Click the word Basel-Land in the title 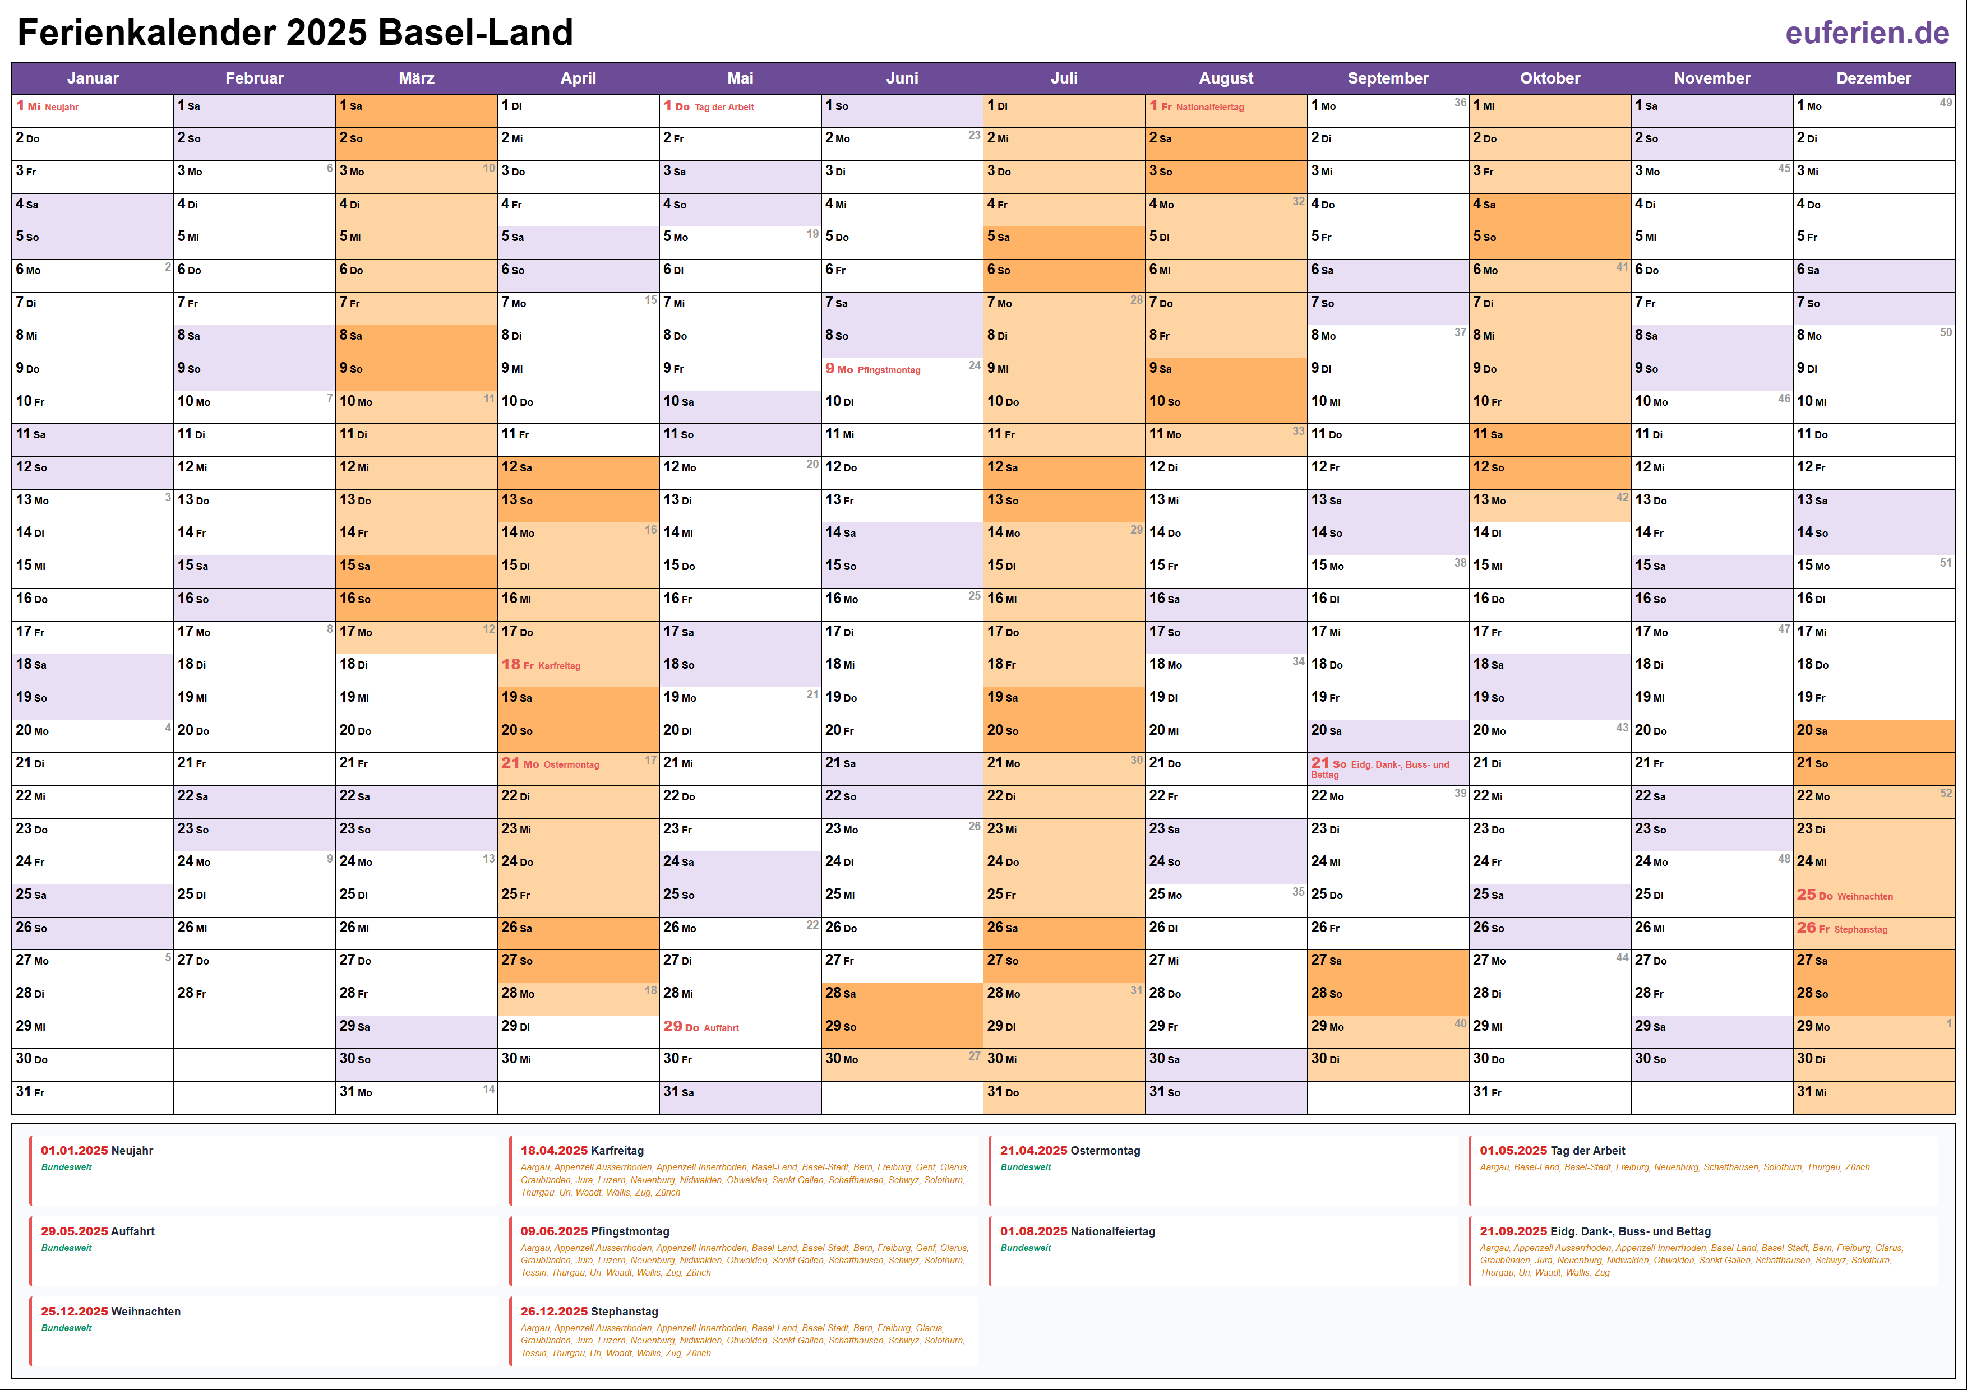click(475, 33)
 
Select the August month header click(1225, 78)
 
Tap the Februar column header click(255, 78)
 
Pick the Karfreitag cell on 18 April click(578, 665)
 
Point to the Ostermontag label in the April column click(571, 765)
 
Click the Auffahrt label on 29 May click(721, 1028)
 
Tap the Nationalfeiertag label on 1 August click(1209, 107)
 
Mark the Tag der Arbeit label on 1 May click(723, 107)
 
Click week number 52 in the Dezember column click(1946, 793)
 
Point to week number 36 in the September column click(1460, 103)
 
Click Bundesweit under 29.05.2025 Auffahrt click(66, 1248)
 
